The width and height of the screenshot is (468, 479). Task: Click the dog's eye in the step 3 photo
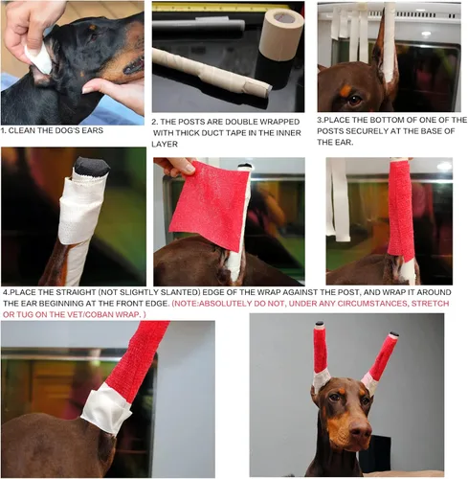coord(355,99)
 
